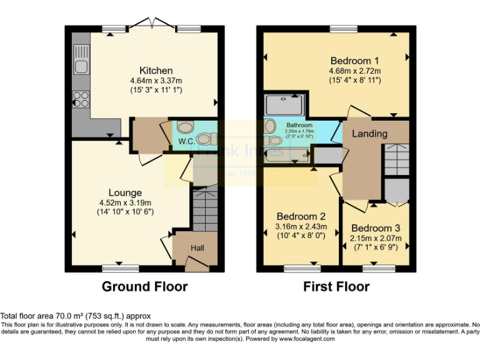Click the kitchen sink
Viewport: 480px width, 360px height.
tap(81, 64)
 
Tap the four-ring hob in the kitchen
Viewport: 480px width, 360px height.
tap(81, 98)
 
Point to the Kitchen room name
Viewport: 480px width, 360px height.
tap(156, 70)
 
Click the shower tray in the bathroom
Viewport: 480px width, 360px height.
tap(285, 104)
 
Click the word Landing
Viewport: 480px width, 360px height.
tap(369, 133)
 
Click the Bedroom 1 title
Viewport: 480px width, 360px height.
tap(355, 61)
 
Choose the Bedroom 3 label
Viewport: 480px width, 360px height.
tap(376, 228)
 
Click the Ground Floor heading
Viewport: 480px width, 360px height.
tap(145, 287)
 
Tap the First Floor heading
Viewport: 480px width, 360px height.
tap(336, 287)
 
